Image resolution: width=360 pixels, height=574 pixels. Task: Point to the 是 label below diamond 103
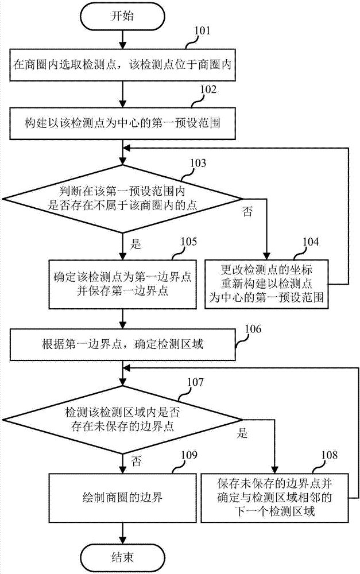tap(136, 243)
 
